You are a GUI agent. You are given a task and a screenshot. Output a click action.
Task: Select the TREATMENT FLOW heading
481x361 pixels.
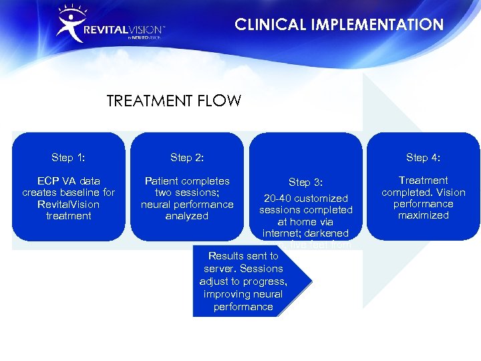click(x=174, y=102)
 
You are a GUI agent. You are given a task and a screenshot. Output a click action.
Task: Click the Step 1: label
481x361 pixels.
click(x=68, y=158)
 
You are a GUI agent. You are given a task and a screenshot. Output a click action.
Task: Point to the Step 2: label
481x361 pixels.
click(x=187, y=158)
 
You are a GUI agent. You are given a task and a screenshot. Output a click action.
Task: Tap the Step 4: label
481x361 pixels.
click(x=423, y=158)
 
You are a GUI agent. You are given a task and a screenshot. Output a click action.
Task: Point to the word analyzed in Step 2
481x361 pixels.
click(x=187, y=216)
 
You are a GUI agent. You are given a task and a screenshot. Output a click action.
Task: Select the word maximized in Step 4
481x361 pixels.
click(x=423, y=215)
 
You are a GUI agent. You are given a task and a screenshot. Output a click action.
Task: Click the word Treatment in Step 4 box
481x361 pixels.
click(x=423, y=180)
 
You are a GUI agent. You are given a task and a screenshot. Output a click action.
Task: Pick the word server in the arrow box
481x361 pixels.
click(x=218, y=269)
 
